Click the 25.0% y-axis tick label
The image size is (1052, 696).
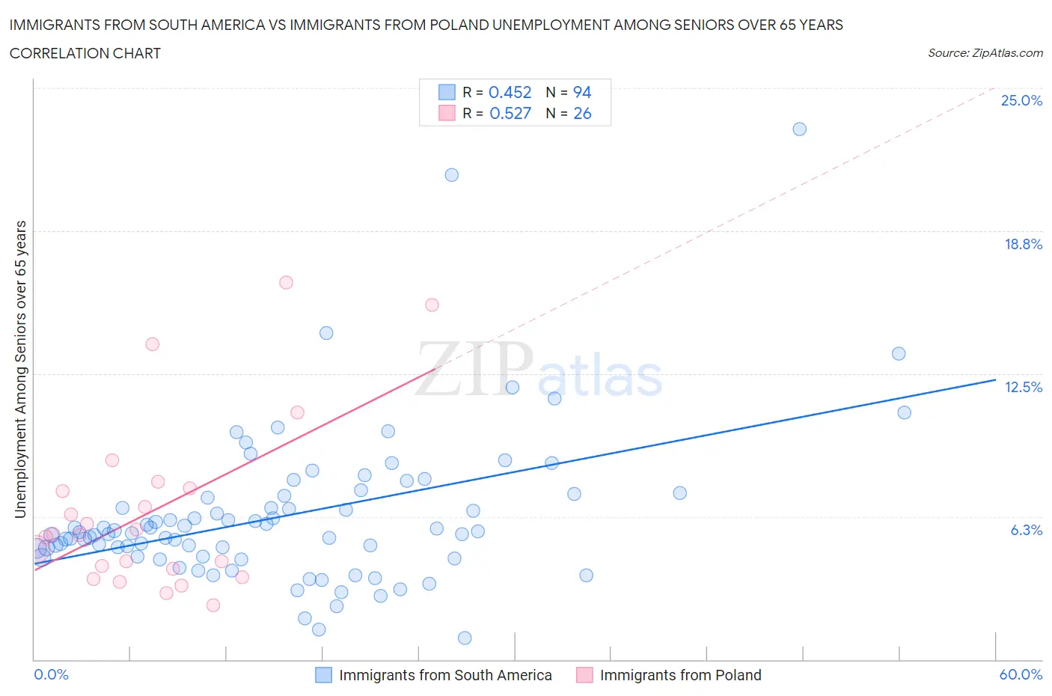click(1021, 101)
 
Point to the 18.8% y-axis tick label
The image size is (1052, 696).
click(1023, 244)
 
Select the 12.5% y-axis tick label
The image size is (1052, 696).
click(1023, 387)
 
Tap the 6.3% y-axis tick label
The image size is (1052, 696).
click(1026, 530)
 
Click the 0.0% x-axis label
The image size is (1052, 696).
click(51, 674)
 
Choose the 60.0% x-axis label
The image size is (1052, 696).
click(1021, 674)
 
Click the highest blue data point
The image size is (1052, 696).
click(799, 129)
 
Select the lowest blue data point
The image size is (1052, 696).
click(465, 638)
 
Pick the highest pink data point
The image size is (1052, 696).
click(286, 282)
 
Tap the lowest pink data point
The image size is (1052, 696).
click(213, 605)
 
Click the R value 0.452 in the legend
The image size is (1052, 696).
click(510, 92)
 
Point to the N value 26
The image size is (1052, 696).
click(582, 113)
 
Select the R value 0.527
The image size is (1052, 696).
click(510, 113)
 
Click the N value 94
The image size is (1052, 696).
click(582, 92)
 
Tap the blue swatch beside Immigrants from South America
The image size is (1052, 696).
click(323, 675)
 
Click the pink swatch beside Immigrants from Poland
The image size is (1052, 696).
click(584, 675)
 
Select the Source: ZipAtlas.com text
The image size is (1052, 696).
click(985, 53)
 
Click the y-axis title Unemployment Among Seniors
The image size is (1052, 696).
click(21, 369)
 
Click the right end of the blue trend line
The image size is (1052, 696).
click(995, 380)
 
